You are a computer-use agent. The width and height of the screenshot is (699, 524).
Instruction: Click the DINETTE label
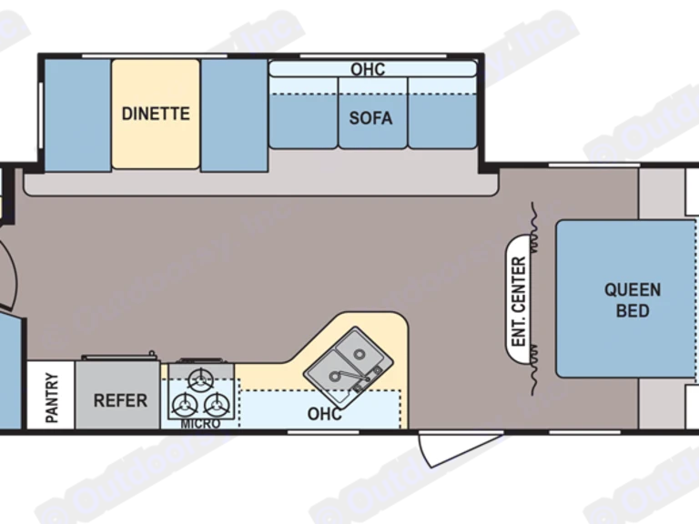point(156,114)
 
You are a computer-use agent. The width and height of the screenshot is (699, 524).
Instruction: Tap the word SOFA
point(370,118)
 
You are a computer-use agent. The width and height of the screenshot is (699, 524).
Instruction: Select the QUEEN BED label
point(633,300)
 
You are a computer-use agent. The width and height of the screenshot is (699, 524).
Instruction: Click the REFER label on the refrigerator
point(120,400)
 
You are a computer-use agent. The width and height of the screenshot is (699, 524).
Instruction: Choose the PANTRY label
point(51,398)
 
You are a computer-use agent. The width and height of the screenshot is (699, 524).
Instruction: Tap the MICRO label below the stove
point(199,424)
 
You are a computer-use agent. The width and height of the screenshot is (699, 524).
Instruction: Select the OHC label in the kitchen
point(324,414)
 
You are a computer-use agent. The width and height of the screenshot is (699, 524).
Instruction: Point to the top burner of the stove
point(200,380)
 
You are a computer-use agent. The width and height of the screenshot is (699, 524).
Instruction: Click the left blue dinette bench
point(76,115)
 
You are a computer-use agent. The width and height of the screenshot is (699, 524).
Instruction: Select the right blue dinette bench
point(234,115)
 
